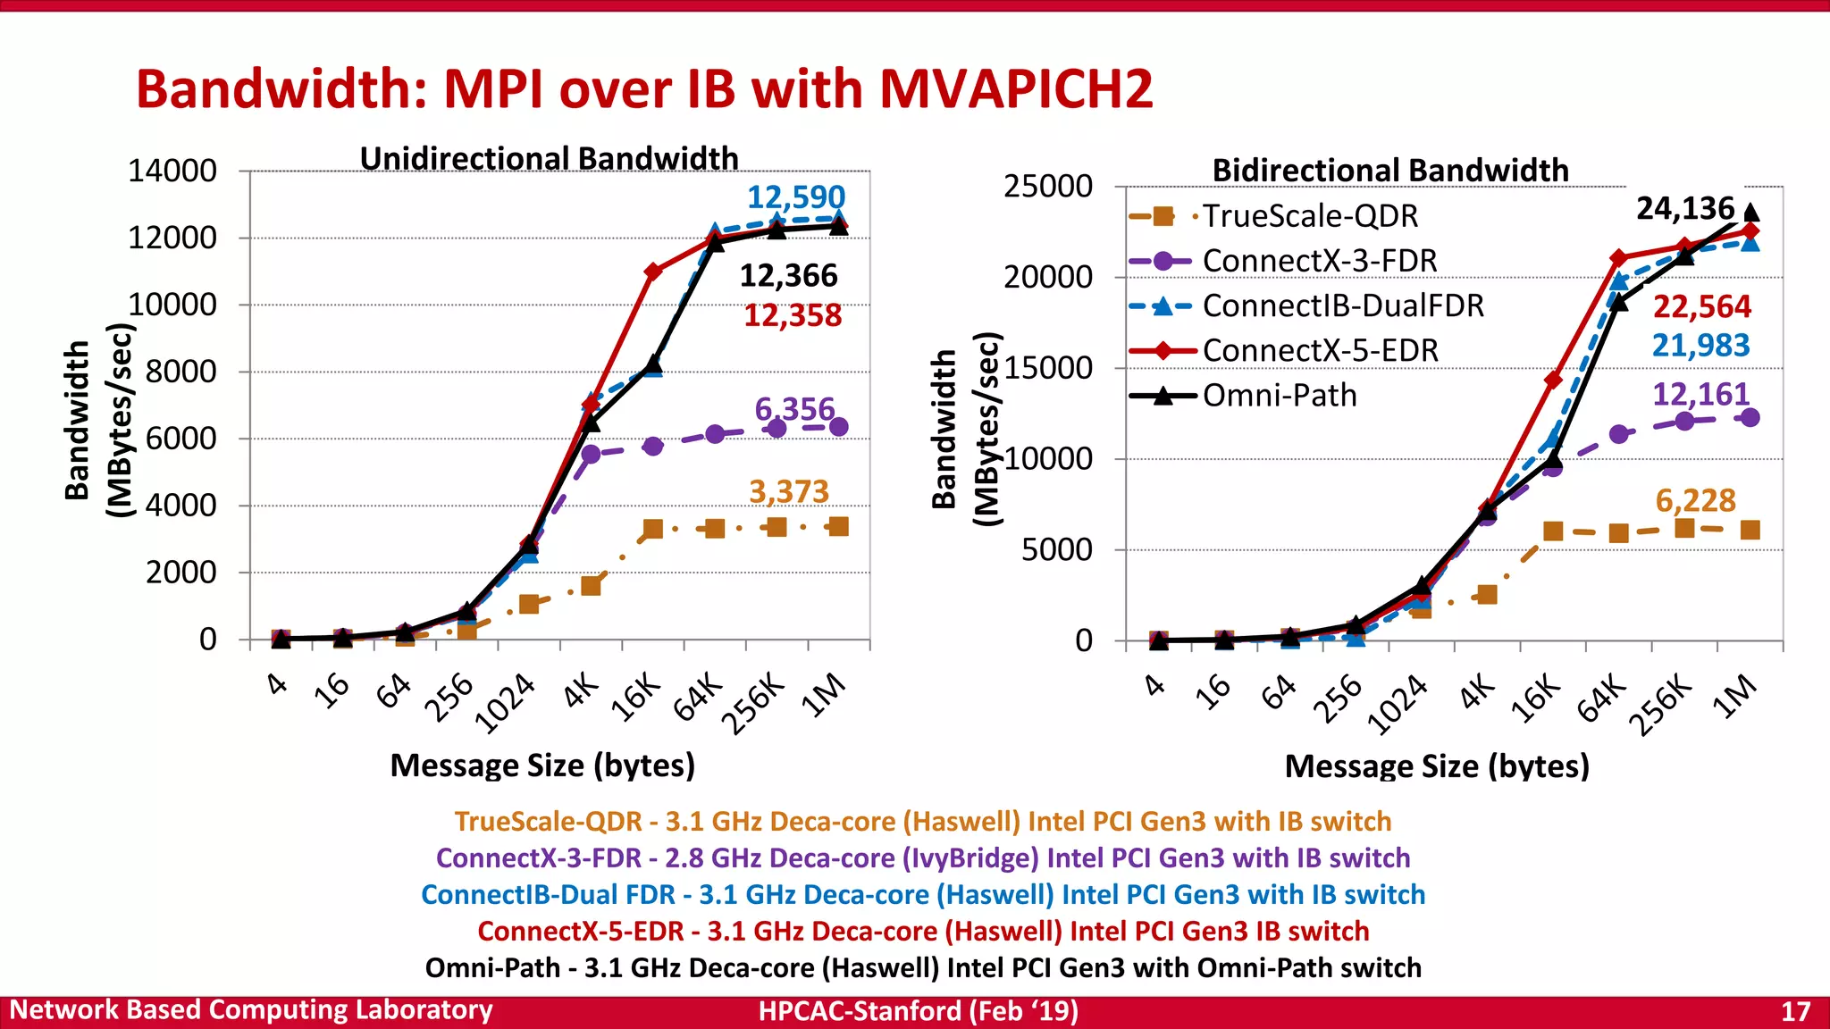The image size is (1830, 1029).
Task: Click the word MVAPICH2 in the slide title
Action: tap(1015, 89)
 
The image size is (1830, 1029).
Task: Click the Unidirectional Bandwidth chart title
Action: tap(549, 158)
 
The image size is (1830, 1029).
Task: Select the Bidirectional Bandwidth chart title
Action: tap(1389, 170)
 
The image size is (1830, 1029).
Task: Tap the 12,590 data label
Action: tap(795, 197)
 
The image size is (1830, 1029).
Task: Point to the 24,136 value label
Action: tap(1684, 208)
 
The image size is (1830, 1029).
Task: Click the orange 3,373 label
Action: tap(788, 491)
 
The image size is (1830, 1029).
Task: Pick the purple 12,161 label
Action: tap(1700, 394)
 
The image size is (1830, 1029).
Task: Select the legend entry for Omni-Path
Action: tap(1279, 395)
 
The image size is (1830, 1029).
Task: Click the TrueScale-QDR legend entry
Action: tap(1309, 215)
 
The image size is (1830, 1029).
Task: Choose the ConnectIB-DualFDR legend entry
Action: tap(1342, 305)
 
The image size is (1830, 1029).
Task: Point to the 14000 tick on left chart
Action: tap(172, 171)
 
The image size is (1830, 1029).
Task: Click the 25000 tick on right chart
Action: tap(1047, 187)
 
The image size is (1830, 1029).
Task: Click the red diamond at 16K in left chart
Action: tap(653, 272)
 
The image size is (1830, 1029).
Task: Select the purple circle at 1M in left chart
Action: tap(838, 427)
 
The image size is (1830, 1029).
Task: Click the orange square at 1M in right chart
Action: tap(1750, 531)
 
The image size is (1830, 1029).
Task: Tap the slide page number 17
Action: tap(1795, 1011)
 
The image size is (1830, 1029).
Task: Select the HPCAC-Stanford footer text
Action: tap(918, 1011)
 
